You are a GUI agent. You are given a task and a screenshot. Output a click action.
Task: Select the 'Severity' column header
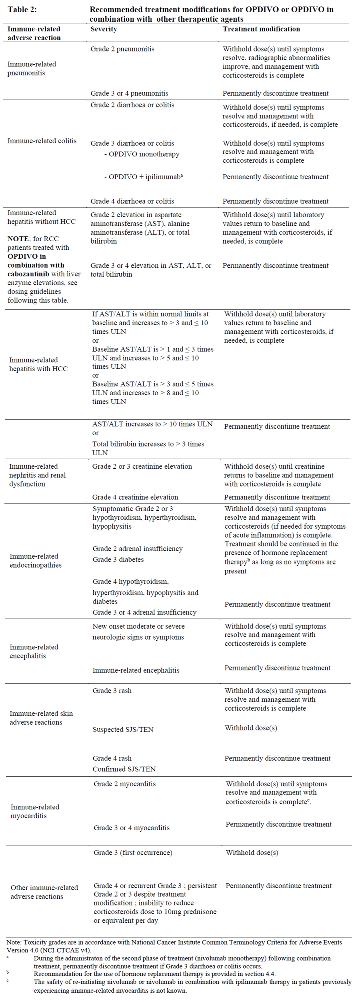(x=104, y=29)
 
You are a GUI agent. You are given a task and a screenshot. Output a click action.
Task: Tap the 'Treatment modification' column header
(x=261, y=29)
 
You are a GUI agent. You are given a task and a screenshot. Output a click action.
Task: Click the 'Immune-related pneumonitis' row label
(x=32, y=69)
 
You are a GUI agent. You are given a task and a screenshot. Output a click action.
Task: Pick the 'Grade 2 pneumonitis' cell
(x=122, y=49)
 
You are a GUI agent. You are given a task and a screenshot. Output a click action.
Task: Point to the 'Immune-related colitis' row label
(x=42, y=141)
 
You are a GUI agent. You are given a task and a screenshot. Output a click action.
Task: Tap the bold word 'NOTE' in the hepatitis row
(x=18, y=239)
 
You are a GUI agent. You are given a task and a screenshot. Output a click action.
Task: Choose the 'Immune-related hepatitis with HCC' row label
(x=38, y=364)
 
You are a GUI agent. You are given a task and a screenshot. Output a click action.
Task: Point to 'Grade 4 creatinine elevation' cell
(x=135, y=497)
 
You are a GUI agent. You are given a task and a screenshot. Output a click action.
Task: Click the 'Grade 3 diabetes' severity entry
(x=118, y=560)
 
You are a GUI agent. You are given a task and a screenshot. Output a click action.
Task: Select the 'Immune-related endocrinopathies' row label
(x=34, y=561)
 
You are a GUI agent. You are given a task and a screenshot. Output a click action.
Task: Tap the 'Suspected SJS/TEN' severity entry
(x=123, y=730)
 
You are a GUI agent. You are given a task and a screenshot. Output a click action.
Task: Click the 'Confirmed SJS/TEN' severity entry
(x=124, y=769)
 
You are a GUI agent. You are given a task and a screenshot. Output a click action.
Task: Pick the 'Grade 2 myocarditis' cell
(x=124, y=784)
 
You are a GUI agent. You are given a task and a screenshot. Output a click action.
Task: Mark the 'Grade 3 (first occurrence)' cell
(x=133, y=853)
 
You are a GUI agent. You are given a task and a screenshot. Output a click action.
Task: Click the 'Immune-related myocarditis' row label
(x=35, y=811)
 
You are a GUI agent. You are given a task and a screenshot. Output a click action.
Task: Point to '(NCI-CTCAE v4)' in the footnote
(x=67, y=950)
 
